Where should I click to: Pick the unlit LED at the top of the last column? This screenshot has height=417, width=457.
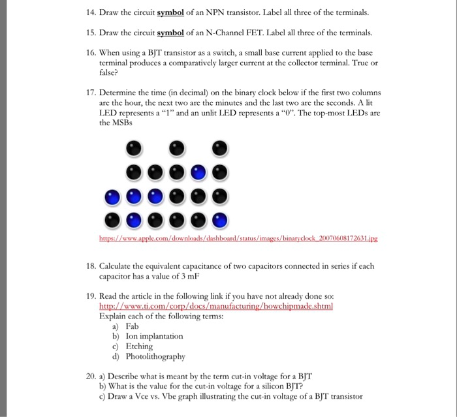(x=221, y=149)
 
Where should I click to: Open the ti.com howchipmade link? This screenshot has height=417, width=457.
(x=215, y=305)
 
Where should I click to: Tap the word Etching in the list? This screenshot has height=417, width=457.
(x=139, y=347)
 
